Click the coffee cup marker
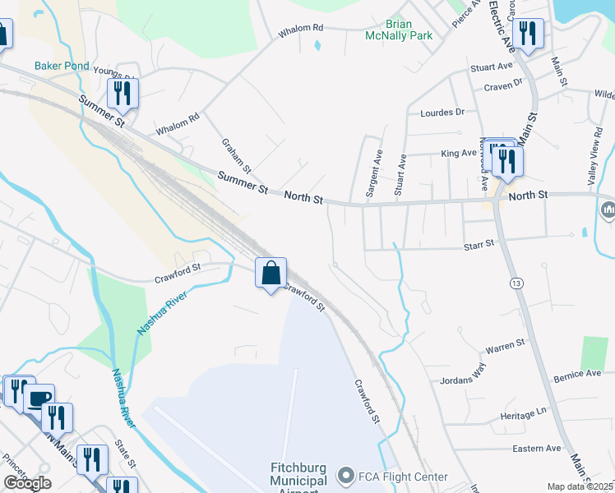point(39,399)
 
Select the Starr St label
point(478,243)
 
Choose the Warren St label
point(505,343)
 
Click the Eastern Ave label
point(536,448)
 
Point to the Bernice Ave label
point(577,373)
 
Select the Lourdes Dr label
point(442,112)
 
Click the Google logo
point(27,483)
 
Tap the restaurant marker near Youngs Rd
point(123,93)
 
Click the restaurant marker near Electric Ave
point(526,34)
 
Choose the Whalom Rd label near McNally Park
point(302,28)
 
